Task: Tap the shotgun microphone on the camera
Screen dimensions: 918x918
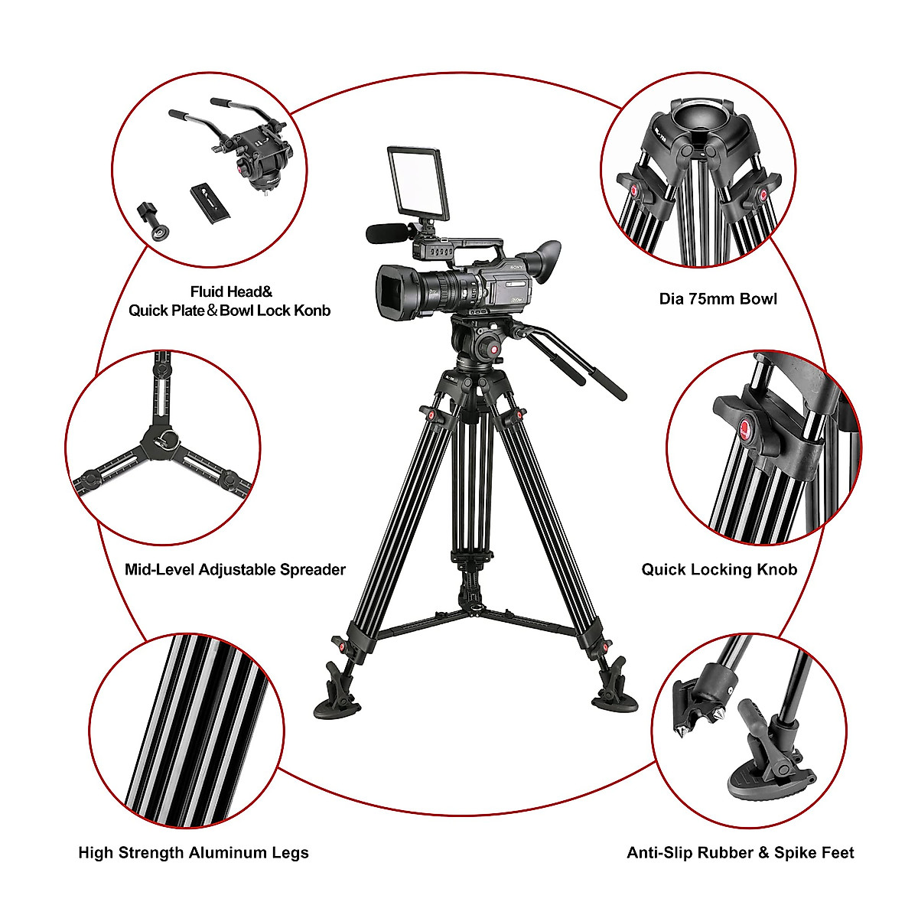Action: pos(382,233)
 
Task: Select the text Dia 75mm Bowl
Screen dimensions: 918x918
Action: pos(718,298)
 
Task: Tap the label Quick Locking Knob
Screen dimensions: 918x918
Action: pos(719,569)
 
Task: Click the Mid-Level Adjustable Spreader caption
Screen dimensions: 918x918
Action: pos(235,569)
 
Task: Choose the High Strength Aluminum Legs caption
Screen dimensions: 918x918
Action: pos(194,852)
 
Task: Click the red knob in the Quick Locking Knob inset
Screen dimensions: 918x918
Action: pos(746,427)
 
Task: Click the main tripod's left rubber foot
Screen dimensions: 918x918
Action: pos(340,698)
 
